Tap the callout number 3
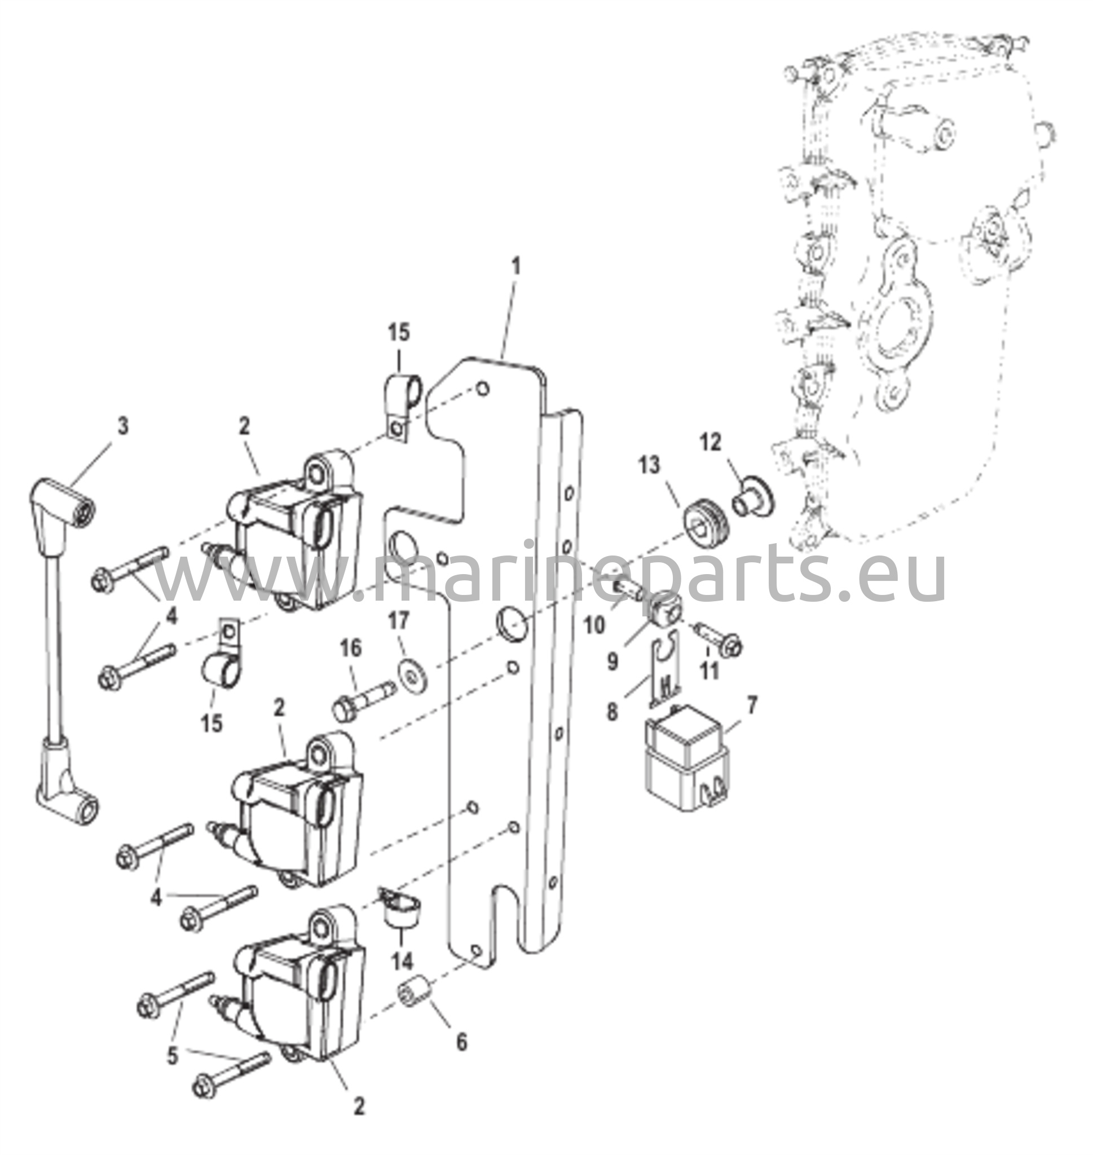(x=122, y=426)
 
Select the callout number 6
(x=461, y=1042)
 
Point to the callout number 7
(x=752, y=706)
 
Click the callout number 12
(x=710, y=443)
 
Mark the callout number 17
(x=400, y=621)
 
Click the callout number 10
(x=595, y=626)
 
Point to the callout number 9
(x=612, y=663)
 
